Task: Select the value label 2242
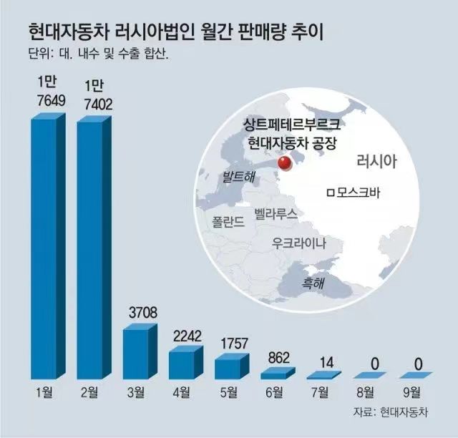coord(186,336)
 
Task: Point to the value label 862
coord(277,356)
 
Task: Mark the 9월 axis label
coord(414,391)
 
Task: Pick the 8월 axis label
coord(368,391)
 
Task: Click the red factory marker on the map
coord(284,164)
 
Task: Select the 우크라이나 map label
coord(298,242)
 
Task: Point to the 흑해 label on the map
coord(313,283)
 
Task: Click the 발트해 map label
coord(238,176)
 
